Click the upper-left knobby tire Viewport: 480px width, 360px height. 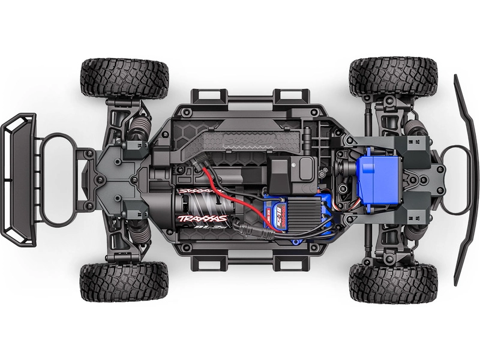coord(124,78)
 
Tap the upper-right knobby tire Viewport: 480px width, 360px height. coord(393,77)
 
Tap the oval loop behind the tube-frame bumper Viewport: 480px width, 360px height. coord(60,180)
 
